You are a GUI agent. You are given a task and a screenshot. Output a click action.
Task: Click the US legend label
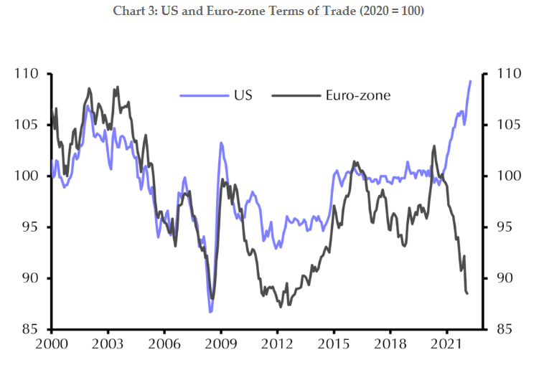242,95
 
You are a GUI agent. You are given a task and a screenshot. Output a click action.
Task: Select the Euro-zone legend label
357,95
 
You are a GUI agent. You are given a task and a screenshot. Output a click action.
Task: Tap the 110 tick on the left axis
29,74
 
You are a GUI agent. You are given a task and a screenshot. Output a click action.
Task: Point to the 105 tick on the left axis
29,125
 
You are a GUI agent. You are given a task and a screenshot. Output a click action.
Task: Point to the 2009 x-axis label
220,345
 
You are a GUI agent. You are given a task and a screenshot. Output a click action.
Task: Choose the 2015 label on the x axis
334,345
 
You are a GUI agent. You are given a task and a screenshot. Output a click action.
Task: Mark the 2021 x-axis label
447,345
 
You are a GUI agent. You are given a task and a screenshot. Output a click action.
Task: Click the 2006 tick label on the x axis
164,345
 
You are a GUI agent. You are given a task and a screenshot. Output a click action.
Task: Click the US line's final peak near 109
471,81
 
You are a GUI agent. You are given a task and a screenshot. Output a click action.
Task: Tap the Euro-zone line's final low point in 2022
467,293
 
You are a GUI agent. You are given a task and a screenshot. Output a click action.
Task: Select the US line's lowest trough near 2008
211,312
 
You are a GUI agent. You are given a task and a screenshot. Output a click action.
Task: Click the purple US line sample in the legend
201,95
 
